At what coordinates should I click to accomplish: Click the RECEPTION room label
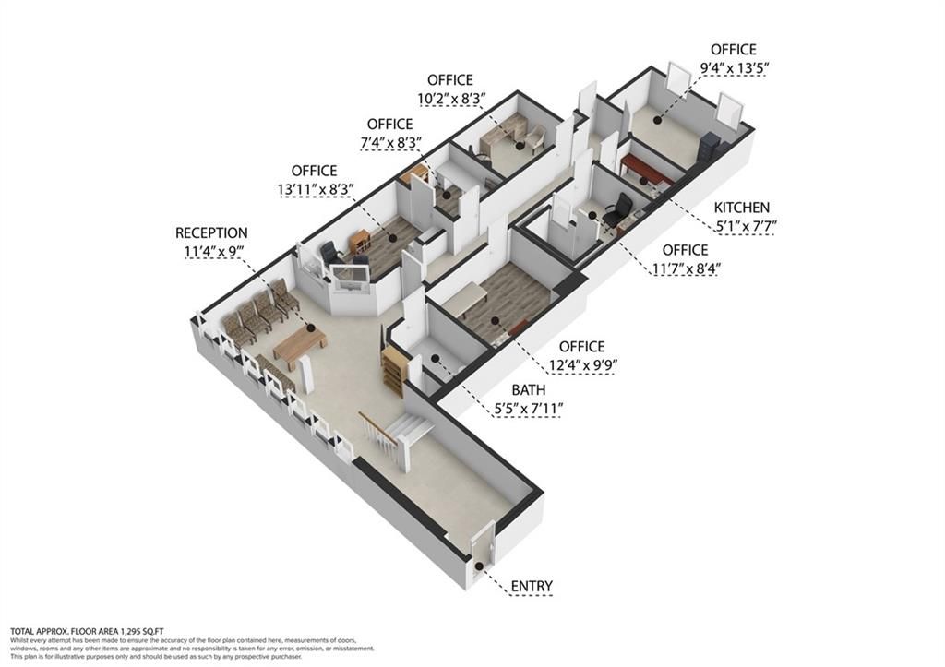pos(211,233)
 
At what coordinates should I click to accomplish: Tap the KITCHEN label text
pos(740,208)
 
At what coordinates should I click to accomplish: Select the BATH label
pos(528,390)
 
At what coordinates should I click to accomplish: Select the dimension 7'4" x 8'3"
pos(389,143)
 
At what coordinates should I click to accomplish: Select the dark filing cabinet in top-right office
pos(710,149)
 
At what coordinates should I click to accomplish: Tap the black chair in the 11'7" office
pos(617,209)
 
